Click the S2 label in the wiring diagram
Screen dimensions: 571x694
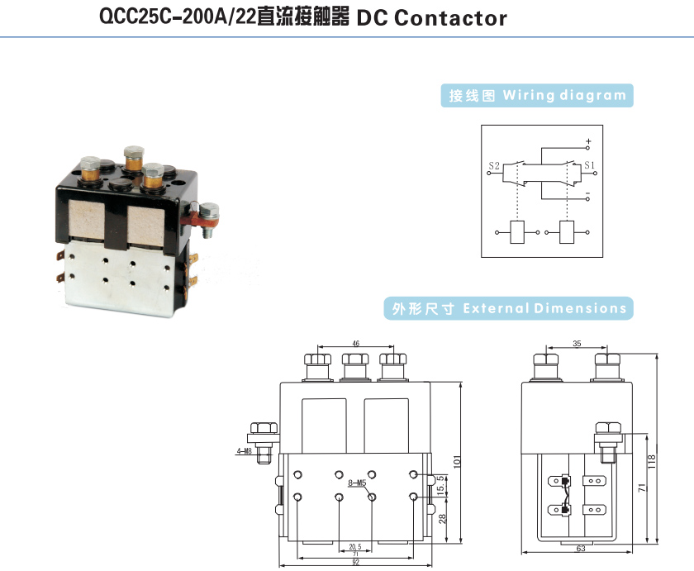(x=494, y=165)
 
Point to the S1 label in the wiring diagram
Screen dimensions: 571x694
(x=590, y=165)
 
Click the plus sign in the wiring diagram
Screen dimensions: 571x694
(x=588, y=140)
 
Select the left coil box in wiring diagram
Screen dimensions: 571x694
(x=519, y=232)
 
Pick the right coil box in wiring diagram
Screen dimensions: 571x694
(x=568, y=232)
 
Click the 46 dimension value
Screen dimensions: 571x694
(x=356, y=342)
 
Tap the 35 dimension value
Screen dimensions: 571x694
(x=576, y=342)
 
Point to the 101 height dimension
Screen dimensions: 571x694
(x=459, y=460)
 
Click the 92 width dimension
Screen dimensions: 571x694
(x=356, y=563)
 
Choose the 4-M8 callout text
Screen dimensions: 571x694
(x=244, y=451)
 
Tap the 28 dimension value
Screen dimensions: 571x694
(x=442, y=518)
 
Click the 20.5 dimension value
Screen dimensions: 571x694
(x=356, y=546)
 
